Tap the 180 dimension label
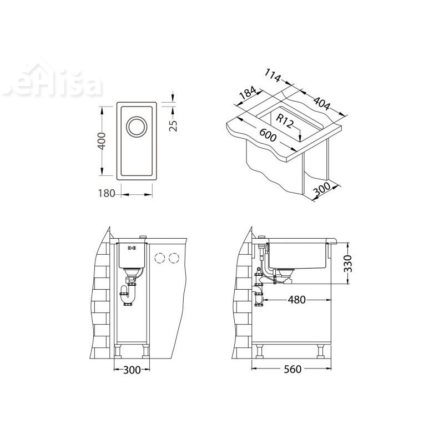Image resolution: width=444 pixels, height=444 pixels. [x=105, y=194]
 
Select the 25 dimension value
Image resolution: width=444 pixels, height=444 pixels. [x=173, y=125]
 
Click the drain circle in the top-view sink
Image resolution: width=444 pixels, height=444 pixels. [x=136, y=127]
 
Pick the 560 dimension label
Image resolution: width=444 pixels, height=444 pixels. [x=292, y=369]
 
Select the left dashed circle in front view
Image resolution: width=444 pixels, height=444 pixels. [x=161, y=258]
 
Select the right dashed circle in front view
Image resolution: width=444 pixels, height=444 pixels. [x=174, y=258]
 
